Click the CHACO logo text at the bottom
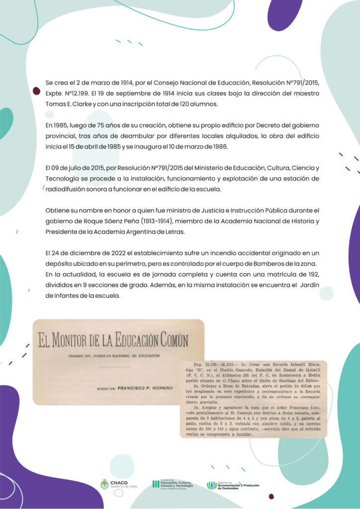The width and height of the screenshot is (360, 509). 119,483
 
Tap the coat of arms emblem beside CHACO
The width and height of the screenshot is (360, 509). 104,484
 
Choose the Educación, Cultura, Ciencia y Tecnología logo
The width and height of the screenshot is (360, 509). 174,485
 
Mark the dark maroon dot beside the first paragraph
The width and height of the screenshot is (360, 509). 36,91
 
